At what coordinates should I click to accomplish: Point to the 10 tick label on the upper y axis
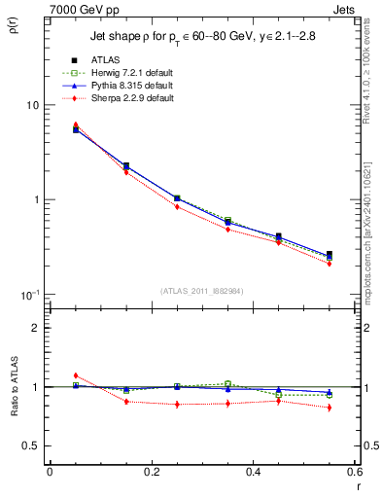click(x=33, y=105)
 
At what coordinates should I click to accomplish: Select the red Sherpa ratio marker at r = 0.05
click(x=75, y=375)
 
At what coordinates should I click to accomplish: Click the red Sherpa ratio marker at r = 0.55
click(x=329, y=408)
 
